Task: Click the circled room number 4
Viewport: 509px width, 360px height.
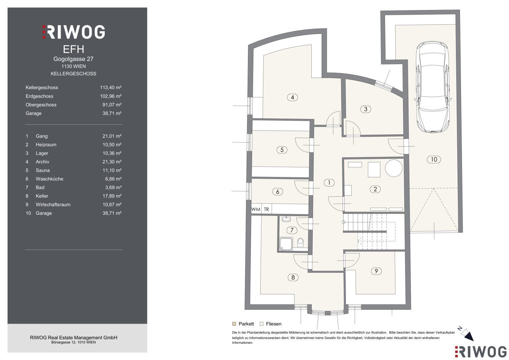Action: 292,97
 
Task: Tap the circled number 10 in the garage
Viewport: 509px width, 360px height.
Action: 434,160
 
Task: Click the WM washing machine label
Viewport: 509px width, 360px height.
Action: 256,209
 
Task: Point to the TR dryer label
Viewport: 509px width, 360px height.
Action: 266,209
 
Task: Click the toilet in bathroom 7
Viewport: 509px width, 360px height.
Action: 300,243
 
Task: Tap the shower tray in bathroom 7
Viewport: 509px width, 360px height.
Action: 286,244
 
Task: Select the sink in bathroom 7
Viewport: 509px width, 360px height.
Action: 286,219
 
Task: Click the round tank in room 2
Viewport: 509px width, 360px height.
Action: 394,168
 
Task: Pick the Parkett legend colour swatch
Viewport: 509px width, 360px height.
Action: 234,324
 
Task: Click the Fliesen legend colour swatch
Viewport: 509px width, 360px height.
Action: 262,324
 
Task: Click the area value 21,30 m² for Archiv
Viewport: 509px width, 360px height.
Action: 112,162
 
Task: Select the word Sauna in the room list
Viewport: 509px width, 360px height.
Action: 43,170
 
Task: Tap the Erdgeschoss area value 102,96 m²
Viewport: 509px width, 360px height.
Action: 111,96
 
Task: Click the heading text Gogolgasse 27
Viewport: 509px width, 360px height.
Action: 73,59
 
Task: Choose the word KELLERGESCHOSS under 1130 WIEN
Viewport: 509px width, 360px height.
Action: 73,74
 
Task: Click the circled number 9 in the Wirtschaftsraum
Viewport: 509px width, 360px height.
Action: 376,271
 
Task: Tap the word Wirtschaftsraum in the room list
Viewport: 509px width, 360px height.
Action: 53,205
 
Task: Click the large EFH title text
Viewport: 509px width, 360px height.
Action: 73,49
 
